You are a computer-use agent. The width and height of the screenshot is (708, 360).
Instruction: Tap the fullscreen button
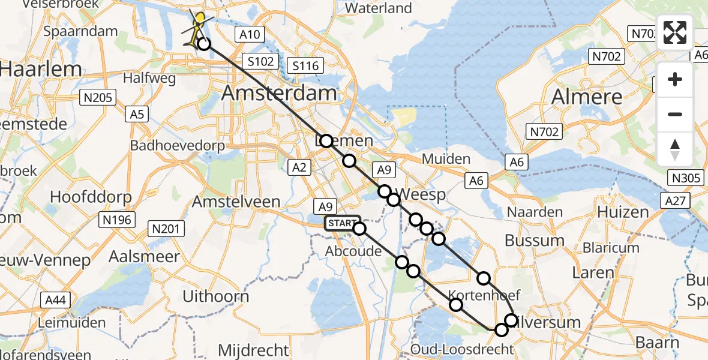[x=675, y=32]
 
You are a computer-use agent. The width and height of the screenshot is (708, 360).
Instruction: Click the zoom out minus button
[x=675, y=114]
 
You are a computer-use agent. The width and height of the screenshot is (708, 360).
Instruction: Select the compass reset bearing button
[x=675, y=149]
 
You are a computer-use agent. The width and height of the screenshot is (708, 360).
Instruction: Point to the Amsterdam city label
[x=279, y=93]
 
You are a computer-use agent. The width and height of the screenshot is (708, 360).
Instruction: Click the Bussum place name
[x=535, y=241]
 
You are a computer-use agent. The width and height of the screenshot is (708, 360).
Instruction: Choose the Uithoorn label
[x=216, y=296]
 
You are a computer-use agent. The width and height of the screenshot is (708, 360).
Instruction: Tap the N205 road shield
[x=99, y=97]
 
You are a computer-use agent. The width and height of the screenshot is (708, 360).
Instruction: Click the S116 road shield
[x=305, y=65]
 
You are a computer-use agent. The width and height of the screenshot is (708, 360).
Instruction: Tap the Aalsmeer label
[x=144, y=257]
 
